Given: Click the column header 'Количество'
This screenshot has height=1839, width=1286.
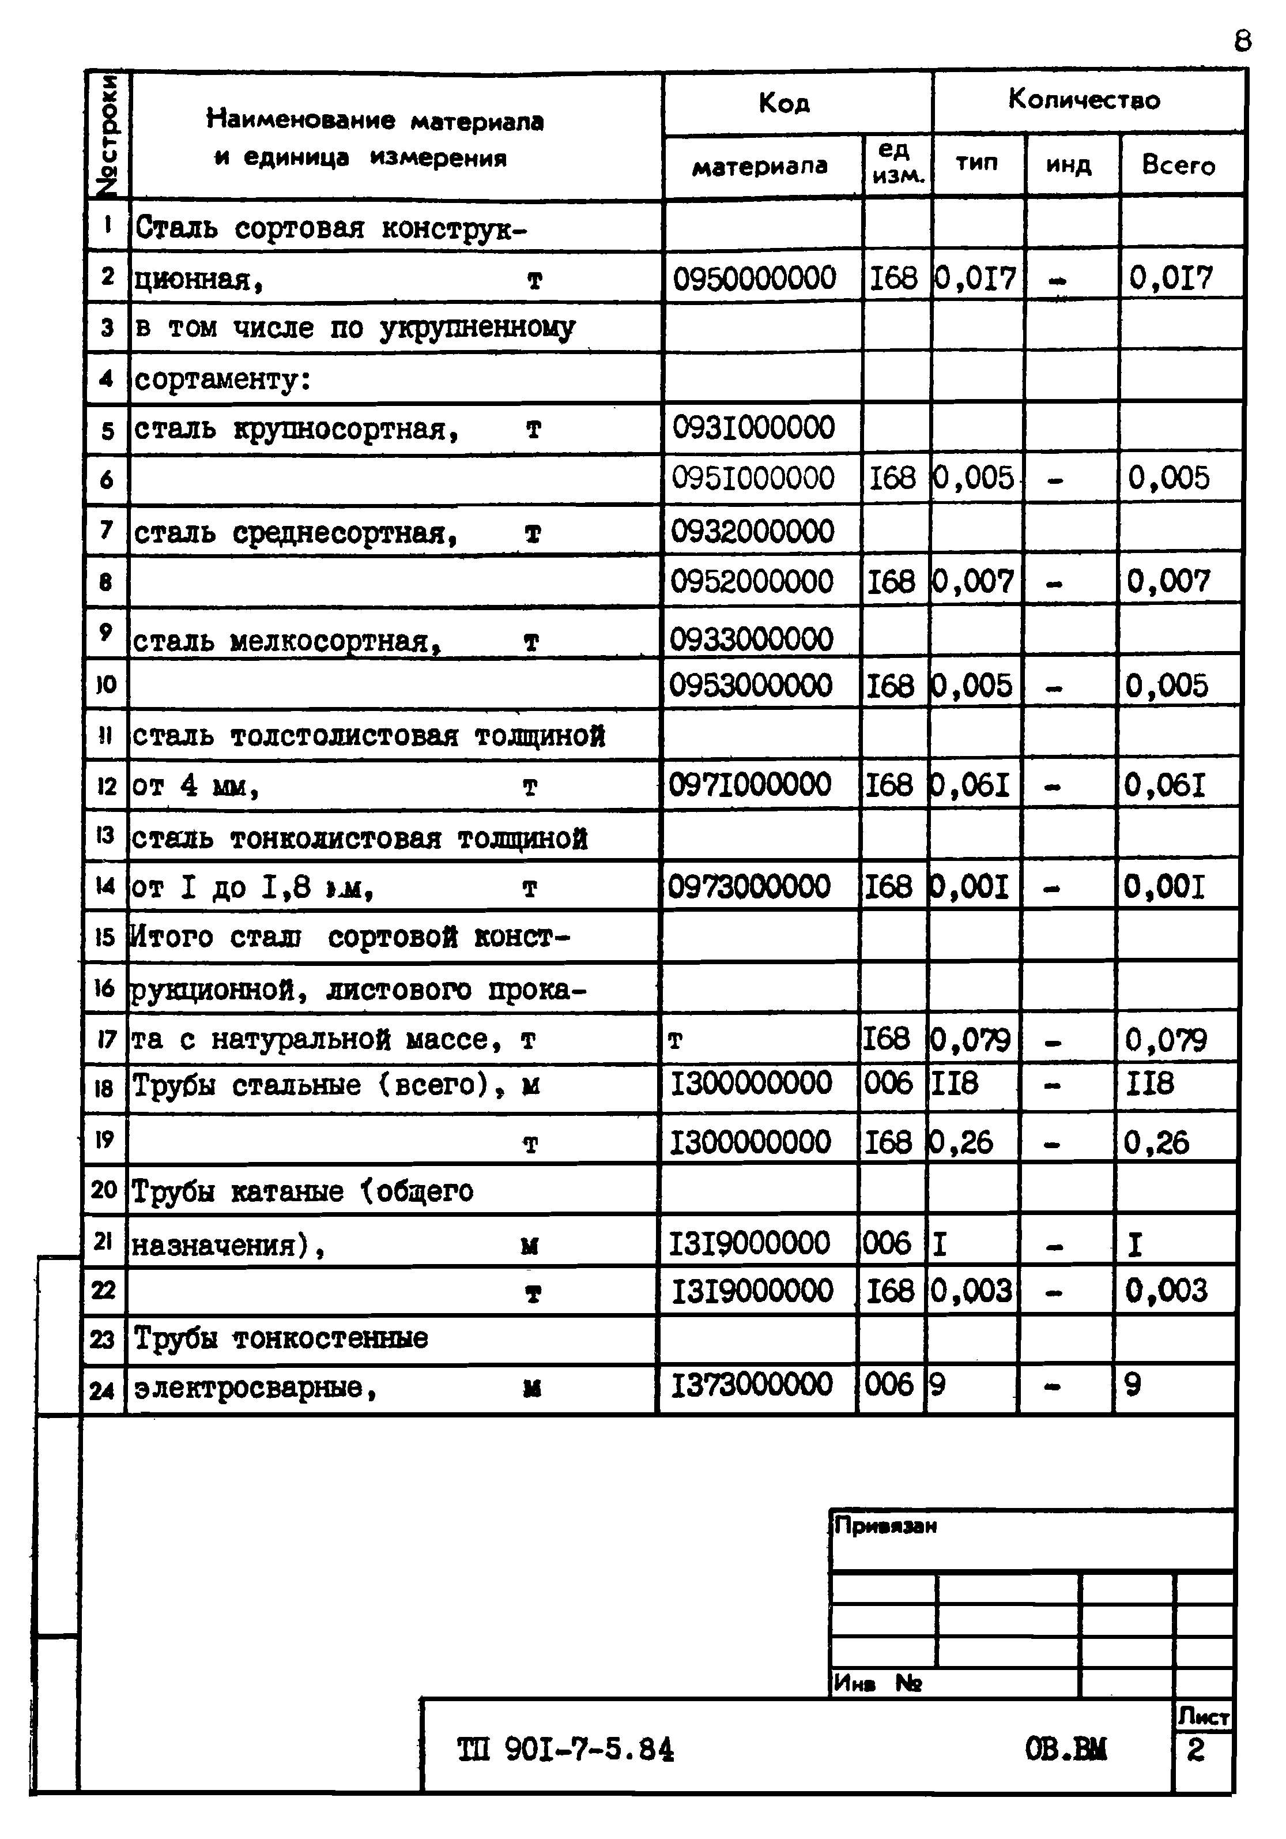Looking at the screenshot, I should pyautogui.click(x=1084, y=100).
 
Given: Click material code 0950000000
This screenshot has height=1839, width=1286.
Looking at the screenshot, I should pyautogui.click(x=755, y=279).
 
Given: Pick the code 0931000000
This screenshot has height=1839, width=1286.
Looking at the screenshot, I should pyautogui.click(x=753, y=428).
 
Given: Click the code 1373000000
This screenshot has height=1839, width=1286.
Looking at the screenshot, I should pyautogui.click(x=751, y=1384).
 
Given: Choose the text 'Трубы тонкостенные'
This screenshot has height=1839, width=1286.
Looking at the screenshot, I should pyautogui.click(x=280, y=1338).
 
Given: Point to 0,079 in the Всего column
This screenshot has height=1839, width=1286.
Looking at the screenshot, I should pyautogui.click(x=1165, y=1040).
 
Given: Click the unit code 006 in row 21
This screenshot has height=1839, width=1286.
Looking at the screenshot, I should pyautogui.click(x=887, y=1243).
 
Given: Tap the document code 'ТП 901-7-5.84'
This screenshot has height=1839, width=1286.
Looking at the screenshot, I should pyautogui.click(x=565, y=1750).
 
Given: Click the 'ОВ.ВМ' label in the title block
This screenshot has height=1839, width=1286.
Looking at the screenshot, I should pyautogui.click(x=1066, y=1749).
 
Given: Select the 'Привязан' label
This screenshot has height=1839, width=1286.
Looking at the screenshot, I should pyautogui.click(x=885, y=1526).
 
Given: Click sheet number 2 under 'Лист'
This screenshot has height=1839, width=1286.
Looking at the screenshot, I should pyautogui.click(x=1195, y=1751).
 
